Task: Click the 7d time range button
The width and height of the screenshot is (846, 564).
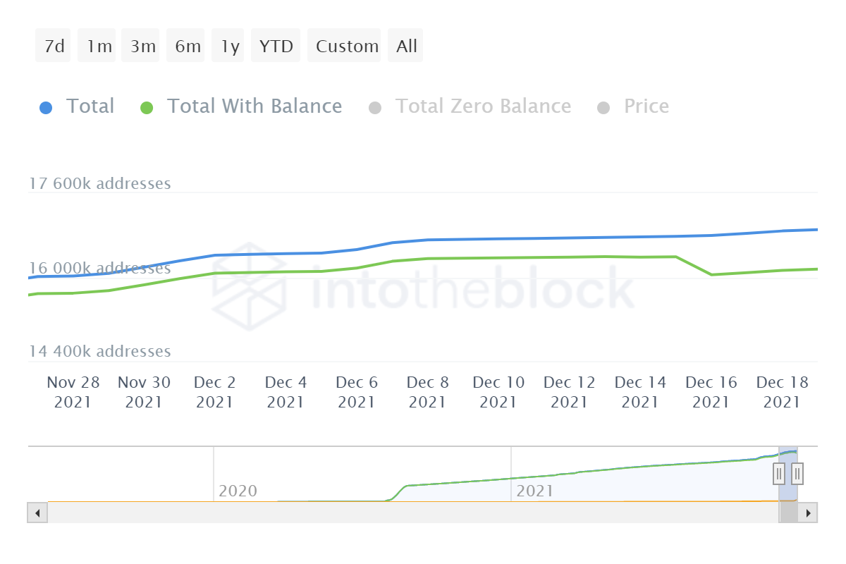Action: (54, 47)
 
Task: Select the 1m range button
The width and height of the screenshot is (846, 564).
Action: (99, 47)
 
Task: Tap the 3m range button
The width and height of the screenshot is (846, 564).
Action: (142, 47)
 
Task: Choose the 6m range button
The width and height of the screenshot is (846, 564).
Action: (187, 47)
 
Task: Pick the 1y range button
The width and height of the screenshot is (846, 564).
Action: (230, 47)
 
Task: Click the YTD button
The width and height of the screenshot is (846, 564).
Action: (276, 47)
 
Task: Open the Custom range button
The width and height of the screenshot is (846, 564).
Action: (347, 47)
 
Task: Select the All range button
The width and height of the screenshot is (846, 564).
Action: (407, 47)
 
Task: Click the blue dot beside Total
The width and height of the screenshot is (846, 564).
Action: (46, 108)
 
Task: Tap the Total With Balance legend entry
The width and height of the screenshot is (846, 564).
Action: (254, 106)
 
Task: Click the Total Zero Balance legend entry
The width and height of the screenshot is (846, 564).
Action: (483, 106)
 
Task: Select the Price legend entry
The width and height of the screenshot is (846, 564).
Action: (646, 106)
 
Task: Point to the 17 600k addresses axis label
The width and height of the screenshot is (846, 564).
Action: (99, 184)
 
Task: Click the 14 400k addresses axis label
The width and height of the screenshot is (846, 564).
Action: (99, 351)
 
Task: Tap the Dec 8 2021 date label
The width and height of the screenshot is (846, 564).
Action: (427, 392)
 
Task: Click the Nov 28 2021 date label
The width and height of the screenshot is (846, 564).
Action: (73, 392)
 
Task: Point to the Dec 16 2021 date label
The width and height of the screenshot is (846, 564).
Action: (711, 392)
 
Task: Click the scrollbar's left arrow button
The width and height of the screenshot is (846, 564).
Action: (37, 513)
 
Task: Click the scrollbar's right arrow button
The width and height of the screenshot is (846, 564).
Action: (809, 513)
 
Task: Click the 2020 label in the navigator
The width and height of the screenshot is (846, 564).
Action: (238, 491)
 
